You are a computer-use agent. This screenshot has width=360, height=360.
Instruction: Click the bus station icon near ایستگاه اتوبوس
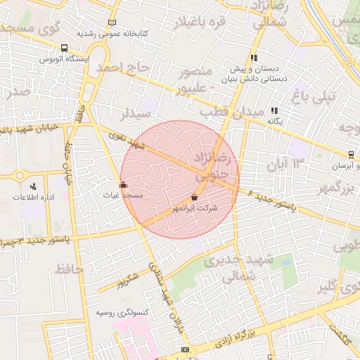pyautogui.click(x=65, y=49)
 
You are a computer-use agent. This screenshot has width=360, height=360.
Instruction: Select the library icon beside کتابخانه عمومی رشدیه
pyautogui.click(x=112, y=23)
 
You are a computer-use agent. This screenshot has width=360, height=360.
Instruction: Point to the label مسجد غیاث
pyautogui.click(x=124, y=195)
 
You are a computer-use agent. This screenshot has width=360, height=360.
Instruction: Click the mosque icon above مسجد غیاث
pyautogui.click(x=124, y=185)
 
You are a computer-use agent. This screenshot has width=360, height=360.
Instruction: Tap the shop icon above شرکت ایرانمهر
pyautogui.click(x=194, y=198)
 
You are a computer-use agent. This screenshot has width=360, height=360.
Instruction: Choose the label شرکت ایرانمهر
pyautogui.click(x=194, y=209)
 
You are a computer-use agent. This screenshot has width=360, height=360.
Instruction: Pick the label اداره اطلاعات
pyautogui.click(x=33, y=197)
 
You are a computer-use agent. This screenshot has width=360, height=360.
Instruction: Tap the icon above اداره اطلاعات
pyautogui.click(x=33, y=186)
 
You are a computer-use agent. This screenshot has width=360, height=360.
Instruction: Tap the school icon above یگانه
pyautogui.click(x=274, y=110)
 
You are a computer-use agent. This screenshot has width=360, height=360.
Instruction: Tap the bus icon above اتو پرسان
pyautogui.click(x=351, y=155)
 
